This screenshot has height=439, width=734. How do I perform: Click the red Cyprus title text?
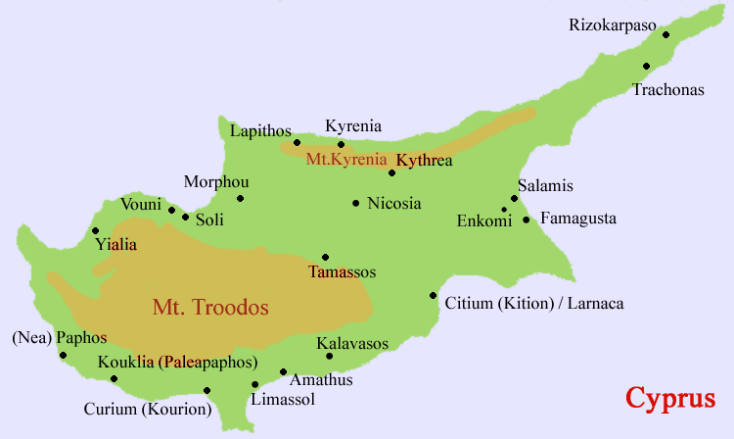(670, 398)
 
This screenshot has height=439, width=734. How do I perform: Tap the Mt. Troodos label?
(210, 307)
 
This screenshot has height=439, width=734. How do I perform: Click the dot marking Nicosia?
(355, 204)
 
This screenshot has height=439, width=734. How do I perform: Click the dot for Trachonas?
(646, 67)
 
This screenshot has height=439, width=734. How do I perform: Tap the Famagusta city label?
(578, 219)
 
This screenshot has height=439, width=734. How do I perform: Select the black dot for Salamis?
(515, 198)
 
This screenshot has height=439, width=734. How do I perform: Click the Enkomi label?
(484, 220)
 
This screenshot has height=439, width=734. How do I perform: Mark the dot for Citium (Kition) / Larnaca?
(433, 295)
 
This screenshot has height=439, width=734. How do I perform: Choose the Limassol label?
(282, 400)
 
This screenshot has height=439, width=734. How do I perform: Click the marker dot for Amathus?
(283, 372)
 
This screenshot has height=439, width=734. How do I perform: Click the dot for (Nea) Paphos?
(64, 355)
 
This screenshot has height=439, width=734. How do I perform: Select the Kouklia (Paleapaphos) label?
(182, 362)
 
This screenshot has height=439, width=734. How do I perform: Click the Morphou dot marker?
(240, 198)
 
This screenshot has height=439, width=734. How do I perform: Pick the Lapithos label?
(259, 129)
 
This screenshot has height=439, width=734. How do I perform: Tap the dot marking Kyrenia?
(341, 144)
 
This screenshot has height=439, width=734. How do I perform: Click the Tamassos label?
(342, 271)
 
